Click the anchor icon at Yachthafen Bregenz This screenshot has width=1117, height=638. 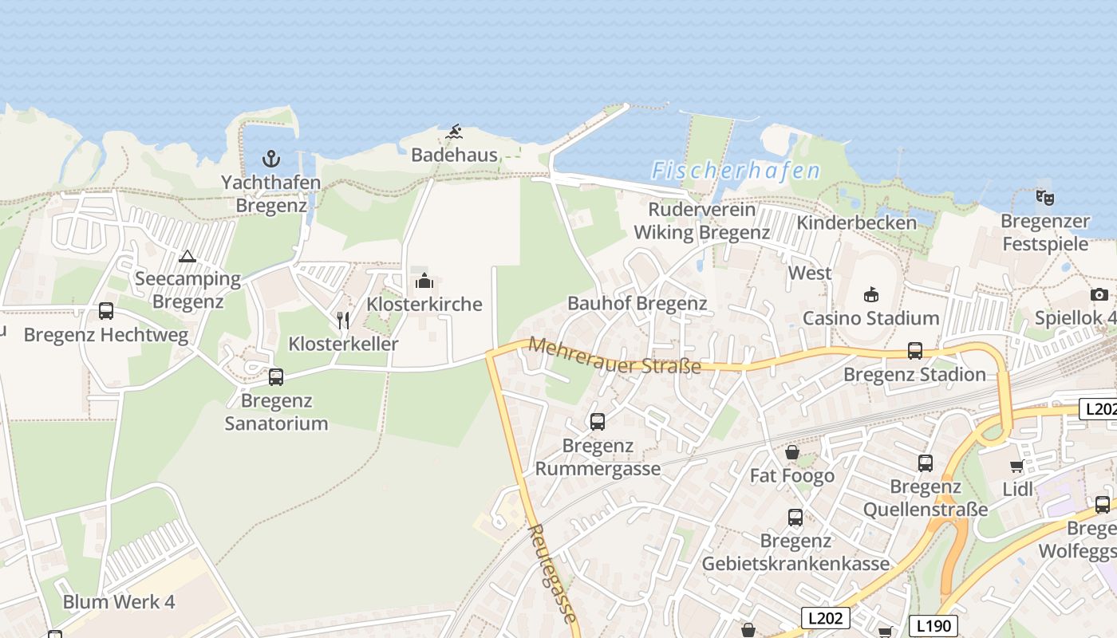pyautogui.click(x=271, y=158)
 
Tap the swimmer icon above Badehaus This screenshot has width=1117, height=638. pyautogui.click(x=454, y=132)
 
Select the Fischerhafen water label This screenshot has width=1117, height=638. pyautogui.click(x=736, y=171)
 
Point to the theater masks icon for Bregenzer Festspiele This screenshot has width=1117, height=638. pyautogui.click(x=1044, y=197)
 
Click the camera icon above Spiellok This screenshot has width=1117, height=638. pyautogui.click(x=1099, y=294)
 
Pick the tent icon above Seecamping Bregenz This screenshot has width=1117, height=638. pyautogui.click(x=187, y=256)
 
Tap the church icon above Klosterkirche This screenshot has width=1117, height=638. pyautogui.click(x=424, y=281)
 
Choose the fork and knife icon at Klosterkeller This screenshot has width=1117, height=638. pyautogui.click(x=343, y=321)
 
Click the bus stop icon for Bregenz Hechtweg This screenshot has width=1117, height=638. pyautogui.click(x=106, y=311)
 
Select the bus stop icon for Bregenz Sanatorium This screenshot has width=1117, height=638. pyautogui.click(x=276, y=376)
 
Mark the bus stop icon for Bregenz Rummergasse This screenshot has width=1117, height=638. pyautogui.click(x=598, y=422)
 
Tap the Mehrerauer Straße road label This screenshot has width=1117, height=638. pyautogui.click(x=614, y=356)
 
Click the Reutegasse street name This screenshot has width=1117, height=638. pyautogui.click(x=551, y=572)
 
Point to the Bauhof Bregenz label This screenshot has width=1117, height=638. pyautogui.click(x=637, y=303)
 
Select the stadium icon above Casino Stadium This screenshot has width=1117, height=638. pyautogui.click(x=871, y=294)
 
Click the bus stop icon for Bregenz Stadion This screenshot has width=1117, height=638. pyautogui.click(x=915, y=351)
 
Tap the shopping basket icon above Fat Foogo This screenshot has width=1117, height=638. pyautogui.click(x=792, y=452)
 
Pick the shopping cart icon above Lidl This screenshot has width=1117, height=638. pyautogui.click(x=1017, y=466)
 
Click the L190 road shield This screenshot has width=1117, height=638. pyautogui.click(x=933, y=625)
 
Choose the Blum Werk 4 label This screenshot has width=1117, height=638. pyautogui.click(x=119, y=601)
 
